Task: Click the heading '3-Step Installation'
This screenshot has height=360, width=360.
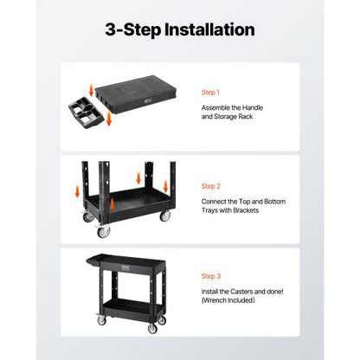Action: (x=180, y=29)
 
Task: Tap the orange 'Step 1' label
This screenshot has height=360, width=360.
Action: (x=211, y=92)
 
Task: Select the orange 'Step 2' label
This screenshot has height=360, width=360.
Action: (x=211, y=185)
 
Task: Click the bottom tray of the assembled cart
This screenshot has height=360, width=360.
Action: (x=130, y=304)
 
